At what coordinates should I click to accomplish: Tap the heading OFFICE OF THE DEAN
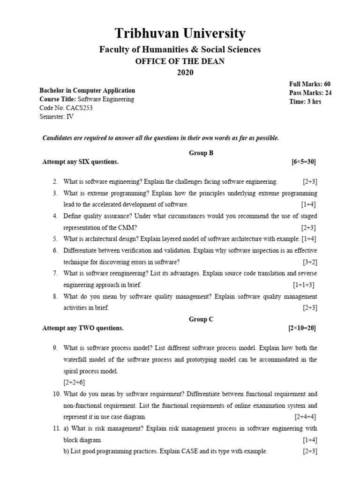tap(180, 61)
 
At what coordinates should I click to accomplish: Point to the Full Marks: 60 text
tap(310, 84)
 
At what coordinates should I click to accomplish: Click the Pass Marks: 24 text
tap(310, 93)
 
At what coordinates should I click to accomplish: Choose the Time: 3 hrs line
tap(305, 102)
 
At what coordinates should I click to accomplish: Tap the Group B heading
tap(201, 153)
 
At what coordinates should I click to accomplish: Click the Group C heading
tap(201, 319)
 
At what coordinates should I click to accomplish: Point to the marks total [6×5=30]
tap(303, 162)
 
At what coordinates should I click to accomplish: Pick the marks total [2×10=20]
tap(302, 328)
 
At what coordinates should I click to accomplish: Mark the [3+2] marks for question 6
tap(309, 262)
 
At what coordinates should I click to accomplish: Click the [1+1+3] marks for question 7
tap(304, 285)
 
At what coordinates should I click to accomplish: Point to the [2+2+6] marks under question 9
tap(75, 382)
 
